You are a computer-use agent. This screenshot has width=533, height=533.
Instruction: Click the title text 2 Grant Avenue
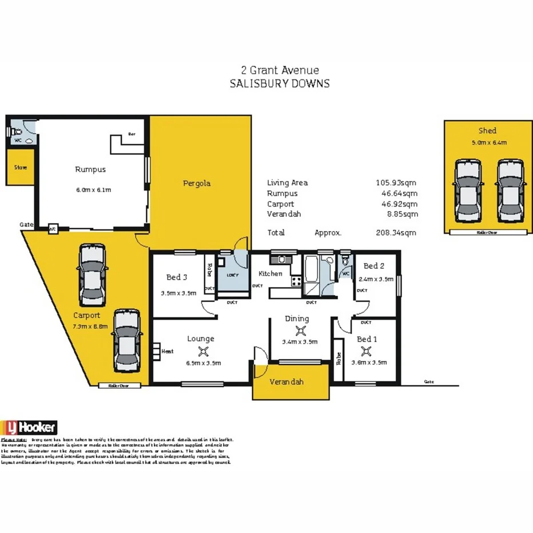click(x=280, y=70)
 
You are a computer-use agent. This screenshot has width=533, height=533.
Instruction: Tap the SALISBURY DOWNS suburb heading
click(x=280, y=83)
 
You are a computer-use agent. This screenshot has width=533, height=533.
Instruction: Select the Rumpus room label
click(x=90, y=169)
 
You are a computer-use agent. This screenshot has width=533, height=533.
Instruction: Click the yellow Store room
click(x=21, y=168)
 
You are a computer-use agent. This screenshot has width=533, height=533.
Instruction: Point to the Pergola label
click(x=197, y=184)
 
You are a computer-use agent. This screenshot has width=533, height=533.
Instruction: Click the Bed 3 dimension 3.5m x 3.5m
click(x=177, y=293)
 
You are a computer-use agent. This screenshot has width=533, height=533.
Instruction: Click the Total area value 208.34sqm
click(x=396, y=233)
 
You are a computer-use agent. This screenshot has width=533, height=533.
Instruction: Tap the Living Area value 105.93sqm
click(x=396, y=183)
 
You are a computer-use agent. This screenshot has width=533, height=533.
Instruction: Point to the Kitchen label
click(x=270, y=273)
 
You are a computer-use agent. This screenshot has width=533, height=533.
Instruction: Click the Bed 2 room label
click(x=373, y=266)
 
